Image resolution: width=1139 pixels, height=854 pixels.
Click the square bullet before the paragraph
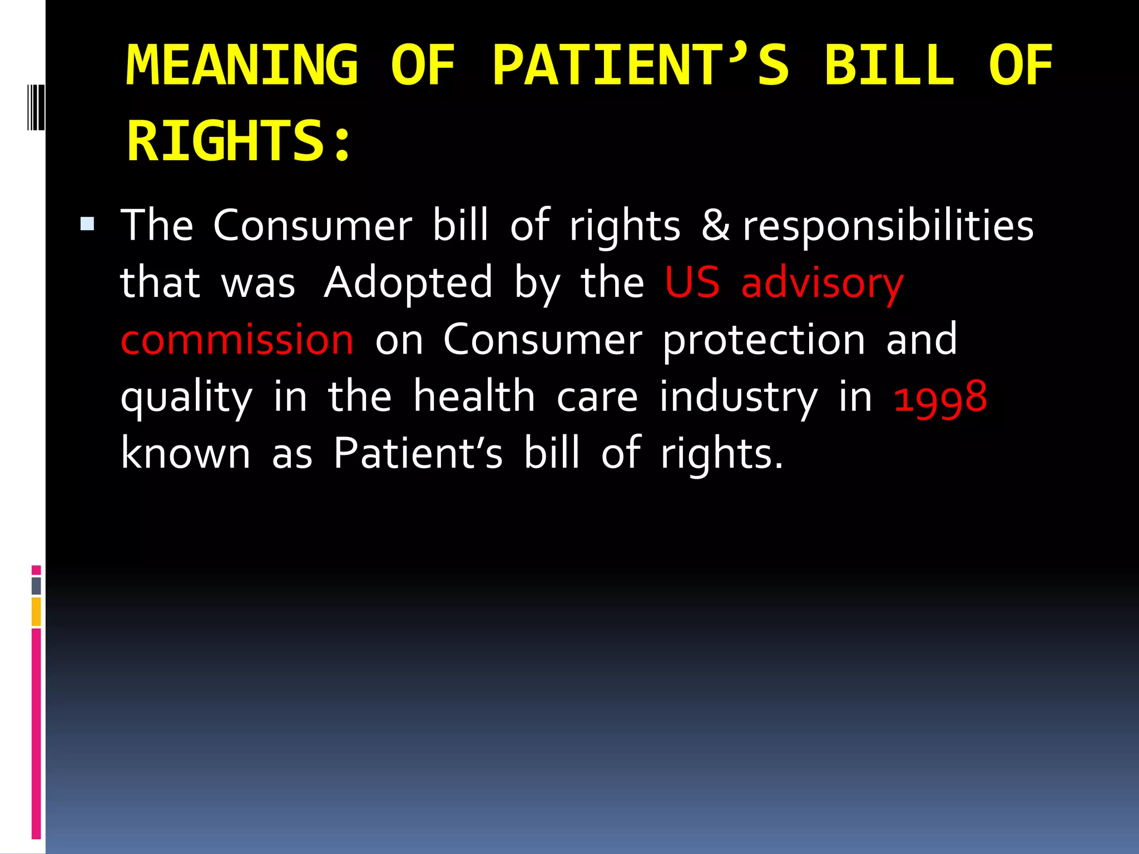click(87, 224)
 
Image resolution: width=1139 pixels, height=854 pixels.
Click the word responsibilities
click(888, 227)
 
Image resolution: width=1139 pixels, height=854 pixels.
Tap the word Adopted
click(408, 282)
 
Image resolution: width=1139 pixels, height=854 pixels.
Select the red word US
click(692, 282)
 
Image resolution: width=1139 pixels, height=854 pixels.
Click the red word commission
click(237, 340)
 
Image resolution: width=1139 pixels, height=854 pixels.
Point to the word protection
click(764, 340)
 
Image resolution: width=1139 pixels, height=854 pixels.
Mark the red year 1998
click(940, 397)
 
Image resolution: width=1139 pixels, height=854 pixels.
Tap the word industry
click(739, 397)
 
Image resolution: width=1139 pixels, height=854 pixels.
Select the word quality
click(186, 397)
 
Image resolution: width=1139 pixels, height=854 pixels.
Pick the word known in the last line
click(186, 453)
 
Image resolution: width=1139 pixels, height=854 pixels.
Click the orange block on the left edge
click(36, 611)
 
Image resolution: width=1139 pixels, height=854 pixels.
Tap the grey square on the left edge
click(36, 585)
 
